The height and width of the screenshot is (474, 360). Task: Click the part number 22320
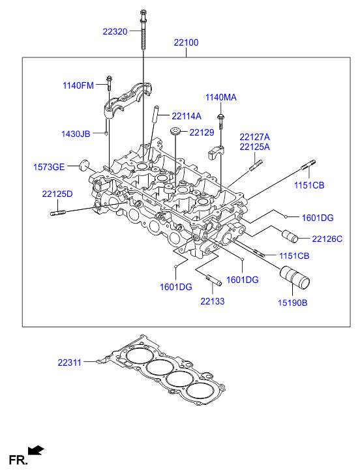click(x=115, y=31)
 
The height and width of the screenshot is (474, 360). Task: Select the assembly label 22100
click(x=186, y=42)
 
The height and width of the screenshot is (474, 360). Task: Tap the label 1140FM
click(x=78, y=85)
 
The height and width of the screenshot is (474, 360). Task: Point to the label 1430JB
click(x=76, y=134)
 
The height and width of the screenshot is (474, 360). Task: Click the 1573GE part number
click(x=49, y=167)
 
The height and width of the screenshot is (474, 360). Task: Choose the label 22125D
click(x=57, y=194)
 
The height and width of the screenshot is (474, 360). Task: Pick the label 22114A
click(x=187, y=116)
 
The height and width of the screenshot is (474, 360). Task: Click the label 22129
click(x=202, y=132)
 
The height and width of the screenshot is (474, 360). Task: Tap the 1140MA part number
click(x=221, y=97)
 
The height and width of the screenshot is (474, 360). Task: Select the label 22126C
click(x=327, y=239)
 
